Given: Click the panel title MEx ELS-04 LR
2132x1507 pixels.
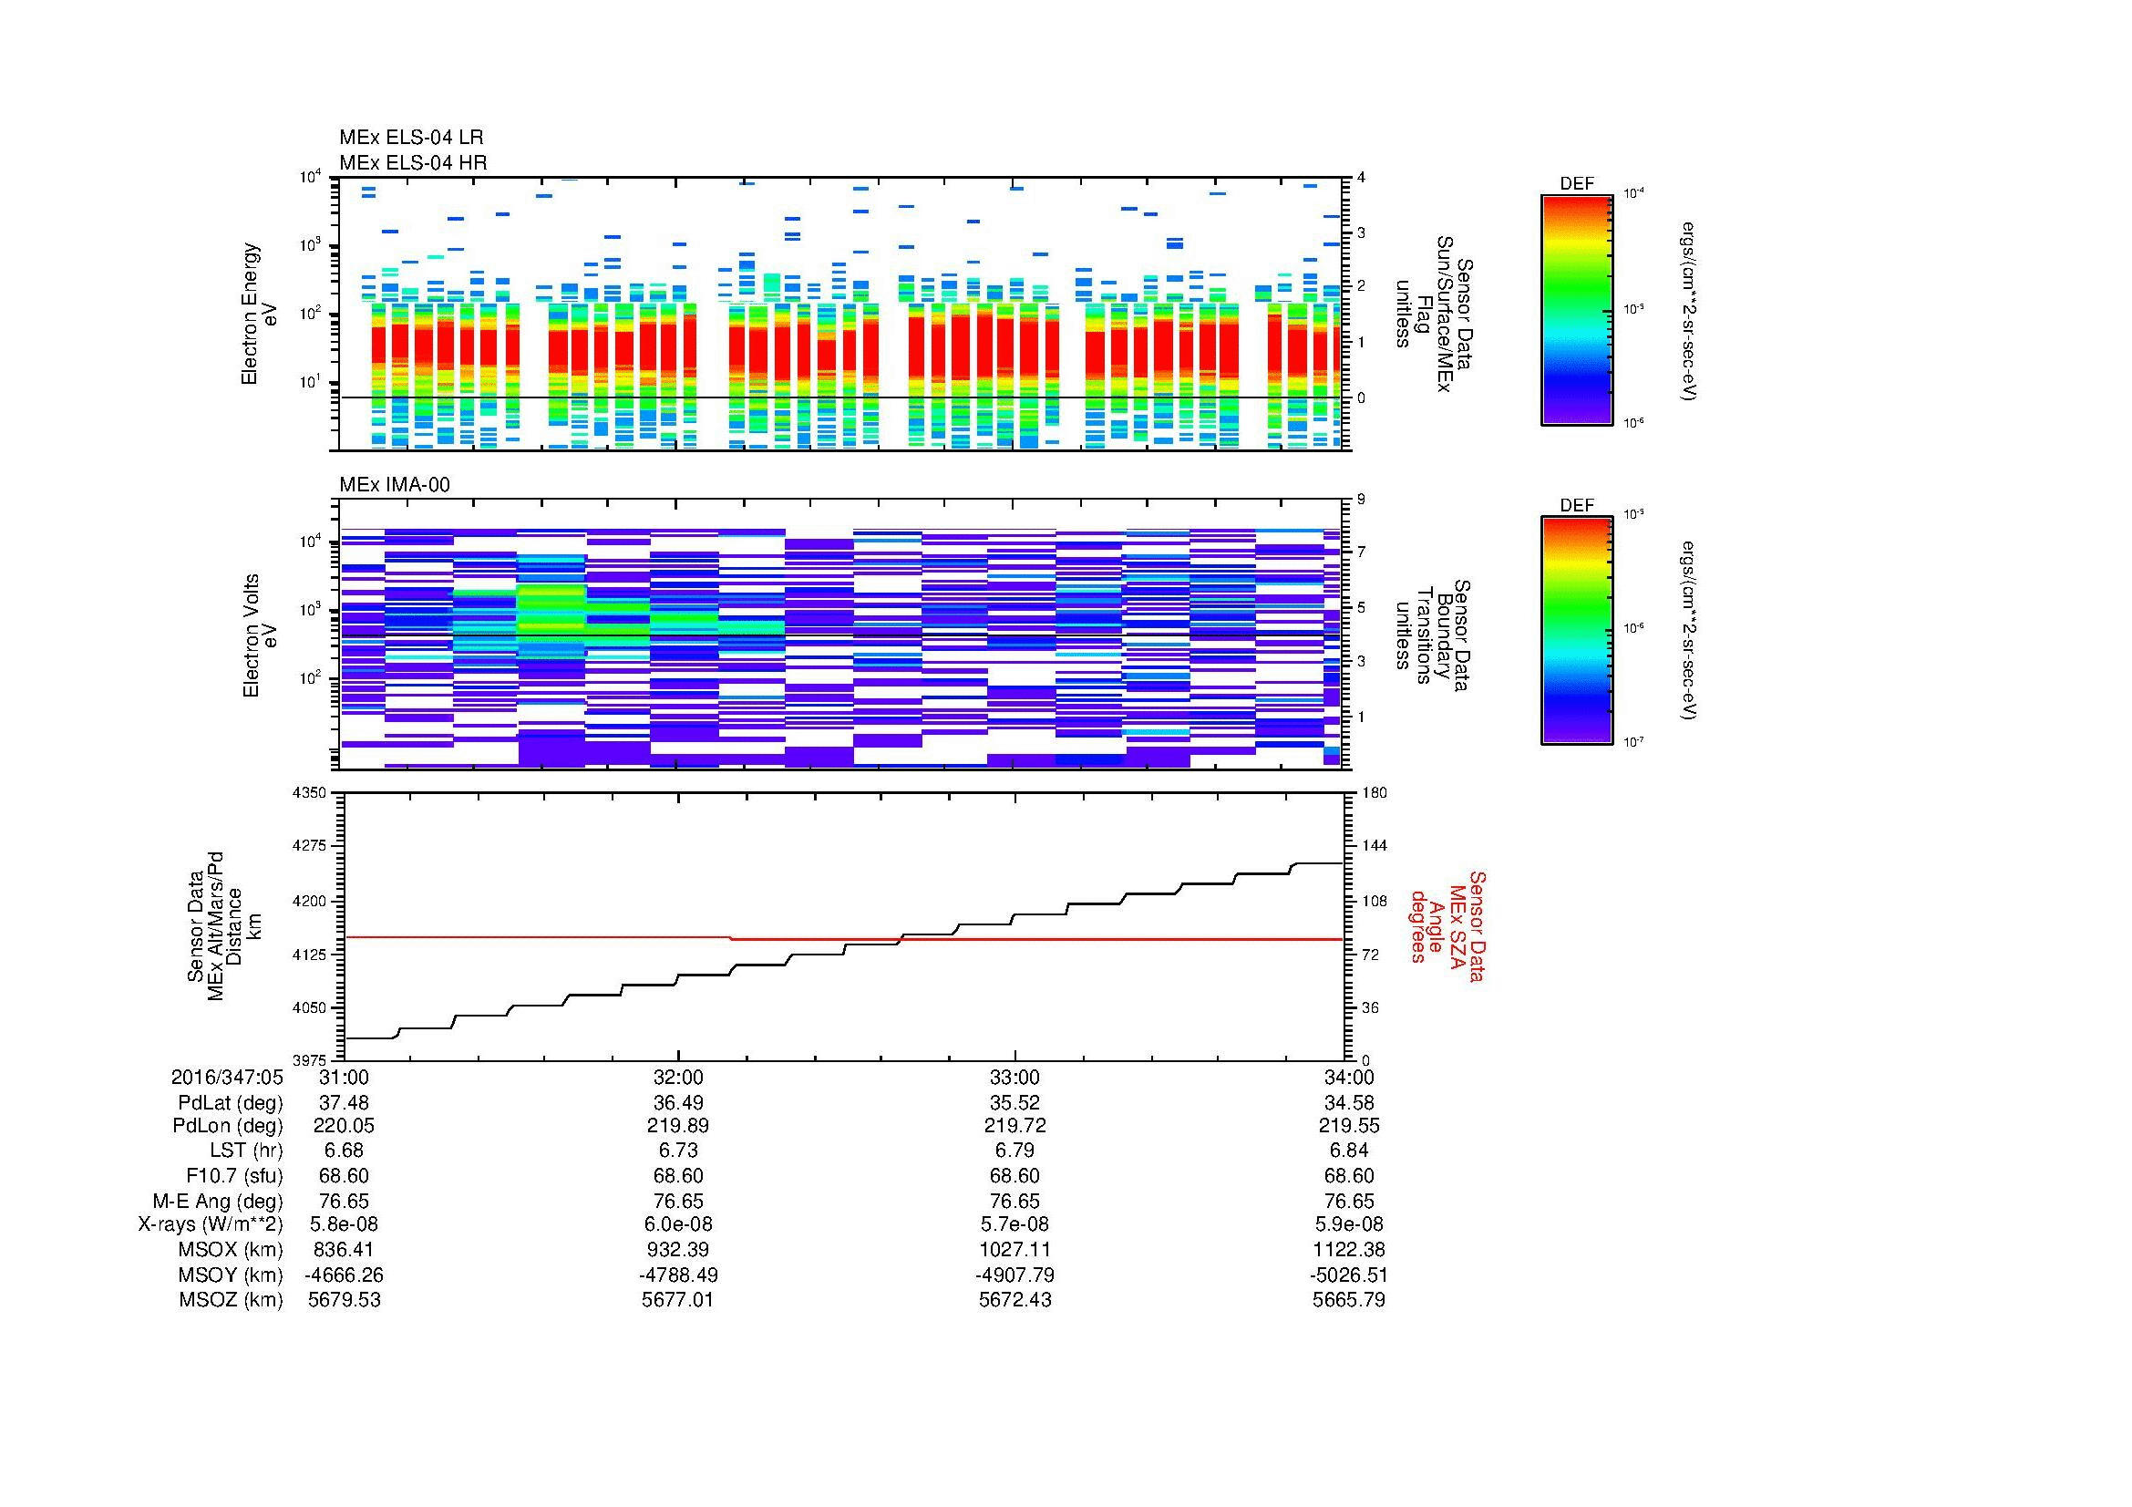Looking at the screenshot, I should click(410, 139).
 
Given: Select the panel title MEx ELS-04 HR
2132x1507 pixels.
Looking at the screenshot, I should click(412, 163).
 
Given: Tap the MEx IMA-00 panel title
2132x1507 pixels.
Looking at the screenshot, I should click(395, 485).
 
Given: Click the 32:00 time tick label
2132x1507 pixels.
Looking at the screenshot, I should click(678, 1078).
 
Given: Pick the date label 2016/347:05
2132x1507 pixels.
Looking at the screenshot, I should click(227, 1078).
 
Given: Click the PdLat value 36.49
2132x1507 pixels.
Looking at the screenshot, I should click(678, 1103).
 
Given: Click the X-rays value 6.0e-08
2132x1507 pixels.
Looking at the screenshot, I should click(678, 1224).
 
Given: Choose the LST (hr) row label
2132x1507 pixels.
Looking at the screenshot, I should click(246, 1151).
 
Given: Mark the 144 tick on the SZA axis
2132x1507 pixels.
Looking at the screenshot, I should click(1374, 847).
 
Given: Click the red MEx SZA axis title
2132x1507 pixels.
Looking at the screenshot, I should click(1447, 925).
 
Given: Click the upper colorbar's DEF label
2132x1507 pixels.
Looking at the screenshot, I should click(1576, 184).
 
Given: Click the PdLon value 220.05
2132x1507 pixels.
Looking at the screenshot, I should click(344, 1126).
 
